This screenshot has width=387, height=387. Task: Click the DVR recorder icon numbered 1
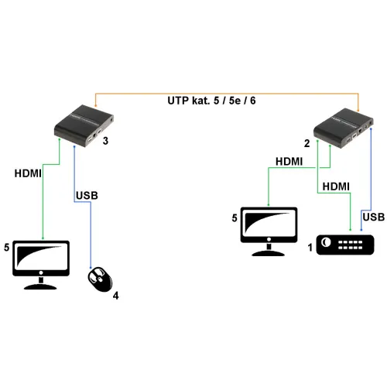pos(346,245)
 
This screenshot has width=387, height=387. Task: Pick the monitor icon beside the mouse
pos(41,262)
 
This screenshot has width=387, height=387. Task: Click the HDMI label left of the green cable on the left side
pos(28,173)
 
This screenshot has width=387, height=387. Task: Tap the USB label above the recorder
pos(373,217)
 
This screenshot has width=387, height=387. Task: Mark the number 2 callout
pos(307,143)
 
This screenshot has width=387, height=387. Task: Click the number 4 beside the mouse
pos(115,295)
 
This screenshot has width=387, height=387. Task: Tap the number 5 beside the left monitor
pos(6,248)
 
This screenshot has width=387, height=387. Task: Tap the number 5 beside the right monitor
pos(234,218)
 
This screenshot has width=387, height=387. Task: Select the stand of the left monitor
pos(41,283)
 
